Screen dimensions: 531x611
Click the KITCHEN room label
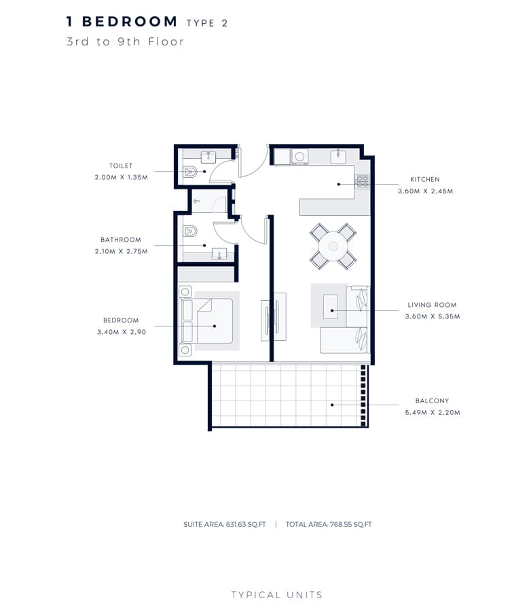click(425, 179)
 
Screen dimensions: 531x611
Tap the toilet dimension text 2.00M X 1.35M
click(122, 177)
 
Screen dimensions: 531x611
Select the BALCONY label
click(432, 401)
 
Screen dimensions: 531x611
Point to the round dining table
click(333, 246)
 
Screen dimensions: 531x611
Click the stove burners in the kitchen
click(362, 181)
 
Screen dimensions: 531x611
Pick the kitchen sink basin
click(338, 156)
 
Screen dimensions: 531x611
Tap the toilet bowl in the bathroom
click(190, 232)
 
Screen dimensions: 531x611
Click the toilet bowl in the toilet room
click(190, 172)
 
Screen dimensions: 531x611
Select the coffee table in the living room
click(331, 306)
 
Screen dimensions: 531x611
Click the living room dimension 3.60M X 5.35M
click(433, 316)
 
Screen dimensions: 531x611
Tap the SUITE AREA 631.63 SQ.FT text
click(225, 525)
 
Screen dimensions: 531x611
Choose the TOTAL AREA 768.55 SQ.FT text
click(329, 525)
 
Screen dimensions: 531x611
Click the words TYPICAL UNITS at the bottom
click(277, 595)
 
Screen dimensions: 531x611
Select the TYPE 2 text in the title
click(207, 23)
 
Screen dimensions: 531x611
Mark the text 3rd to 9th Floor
click(125, 41)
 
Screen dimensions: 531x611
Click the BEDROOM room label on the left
click(121, 320)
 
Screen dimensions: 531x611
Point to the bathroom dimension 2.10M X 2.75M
click(122, 251)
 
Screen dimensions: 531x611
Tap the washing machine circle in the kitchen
click(299, 157)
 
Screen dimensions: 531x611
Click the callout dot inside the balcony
click(332, 405)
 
